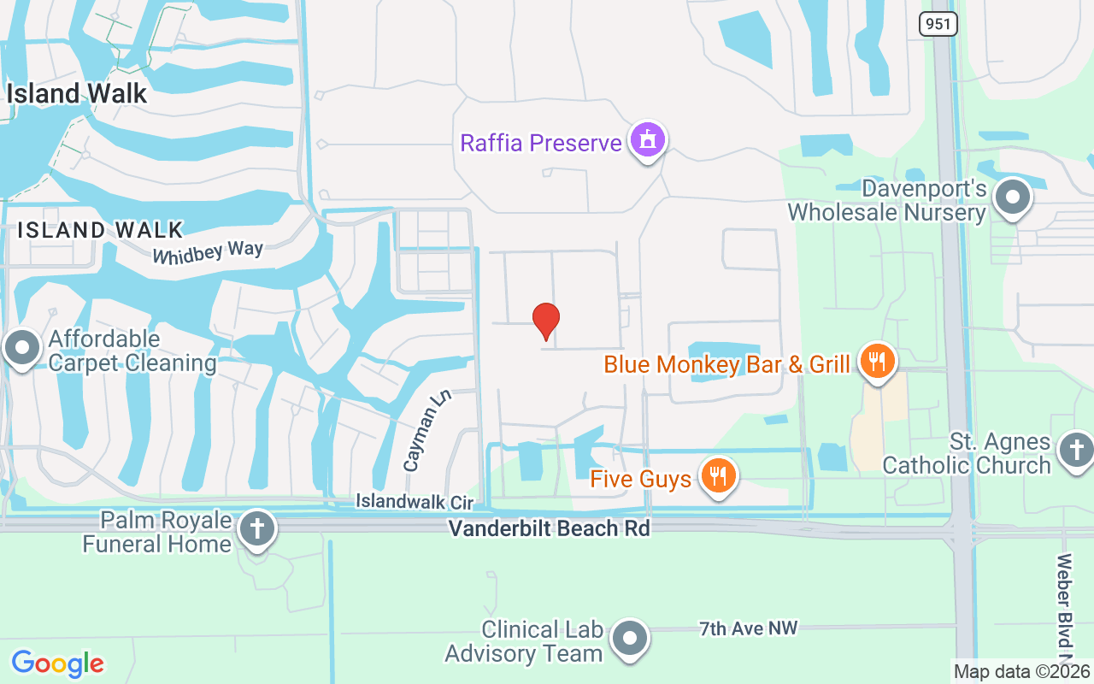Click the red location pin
(545, 321)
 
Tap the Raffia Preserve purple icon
(647, 140)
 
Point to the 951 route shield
(938, 24)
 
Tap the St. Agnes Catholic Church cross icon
(1075, 451)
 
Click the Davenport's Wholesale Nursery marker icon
(1014, 198)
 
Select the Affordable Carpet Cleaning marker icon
(22, 349)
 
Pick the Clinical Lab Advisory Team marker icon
(631, 639)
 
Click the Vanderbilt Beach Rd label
(550, 528)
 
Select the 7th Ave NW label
(748, 628)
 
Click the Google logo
(58, 663)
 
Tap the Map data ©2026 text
(1022, 672)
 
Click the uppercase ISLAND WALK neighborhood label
(101, 229)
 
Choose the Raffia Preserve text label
(541, 143)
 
